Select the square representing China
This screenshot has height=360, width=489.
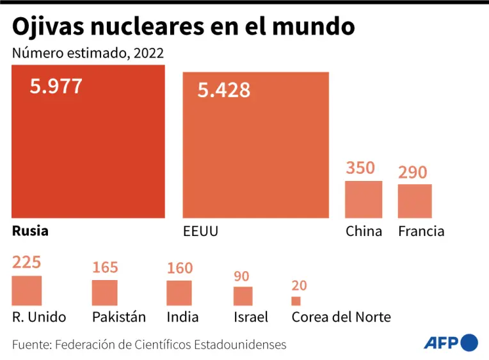click(364, 200)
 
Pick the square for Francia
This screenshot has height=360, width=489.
click(415, 201)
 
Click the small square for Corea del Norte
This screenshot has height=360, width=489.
click(296, 301)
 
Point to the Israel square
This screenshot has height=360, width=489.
click(243, 296)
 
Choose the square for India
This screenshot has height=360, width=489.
click(179, 293)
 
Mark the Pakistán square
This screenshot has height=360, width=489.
click(105, 293)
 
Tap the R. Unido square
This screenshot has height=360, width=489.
click(27, 290)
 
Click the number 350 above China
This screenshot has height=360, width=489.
click(360, 168)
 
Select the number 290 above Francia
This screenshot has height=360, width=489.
click(413, 173)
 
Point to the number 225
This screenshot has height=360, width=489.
click(26, 263)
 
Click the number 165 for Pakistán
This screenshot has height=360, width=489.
click(105, 267)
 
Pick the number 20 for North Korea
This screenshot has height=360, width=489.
click(298, 286)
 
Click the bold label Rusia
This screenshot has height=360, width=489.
click(30, 231)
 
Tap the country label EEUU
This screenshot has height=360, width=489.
click(200, 231)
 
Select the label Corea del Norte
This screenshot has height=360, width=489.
click(341, 317)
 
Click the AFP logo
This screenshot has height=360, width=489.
click(451, 343)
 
